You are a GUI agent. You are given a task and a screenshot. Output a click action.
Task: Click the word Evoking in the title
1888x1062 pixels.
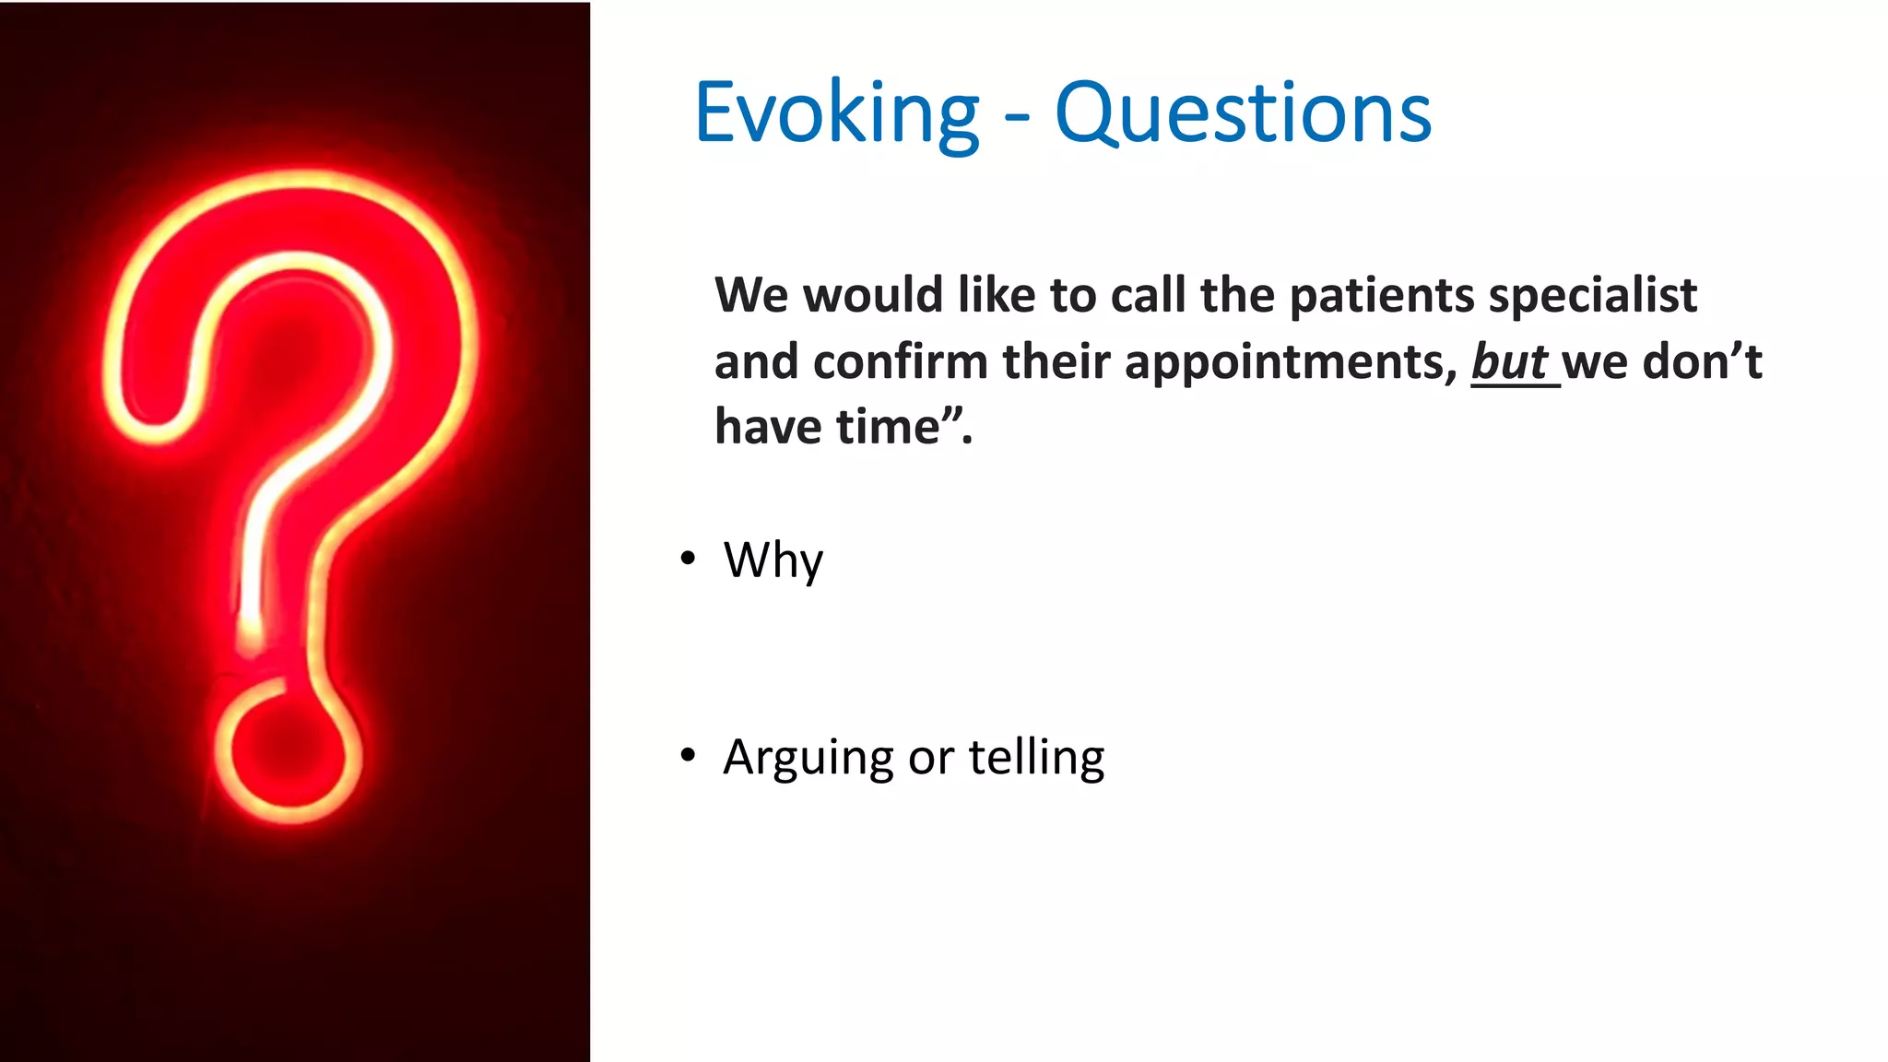[835, 113]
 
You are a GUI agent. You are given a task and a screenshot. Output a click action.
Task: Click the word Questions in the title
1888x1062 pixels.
[1242, 113]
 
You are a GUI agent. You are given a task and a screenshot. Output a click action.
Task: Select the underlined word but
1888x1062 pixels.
[1509, 361]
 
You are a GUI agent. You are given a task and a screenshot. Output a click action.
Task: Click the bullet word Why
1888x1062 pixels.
[773, 560]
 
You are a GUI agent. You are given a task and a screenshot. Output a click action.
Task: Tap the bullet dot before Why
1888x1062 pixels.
[688, 559]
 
